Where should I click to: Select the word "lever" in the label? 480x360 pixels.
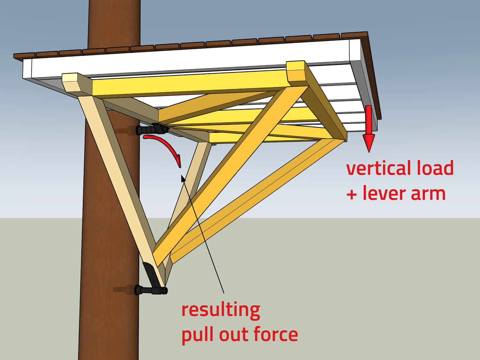pyautogui.click(x=383, y=193)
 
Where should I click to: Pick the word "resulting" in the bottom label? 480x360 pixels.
pyautogui.click(x=220, y=310)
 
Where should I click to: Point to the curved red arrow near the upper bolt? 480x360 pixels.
pyautogui.click(x=166, y=146)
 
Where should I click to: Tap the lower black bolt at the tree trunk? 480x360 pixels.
pyautogui.click(x=150, y=290)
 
